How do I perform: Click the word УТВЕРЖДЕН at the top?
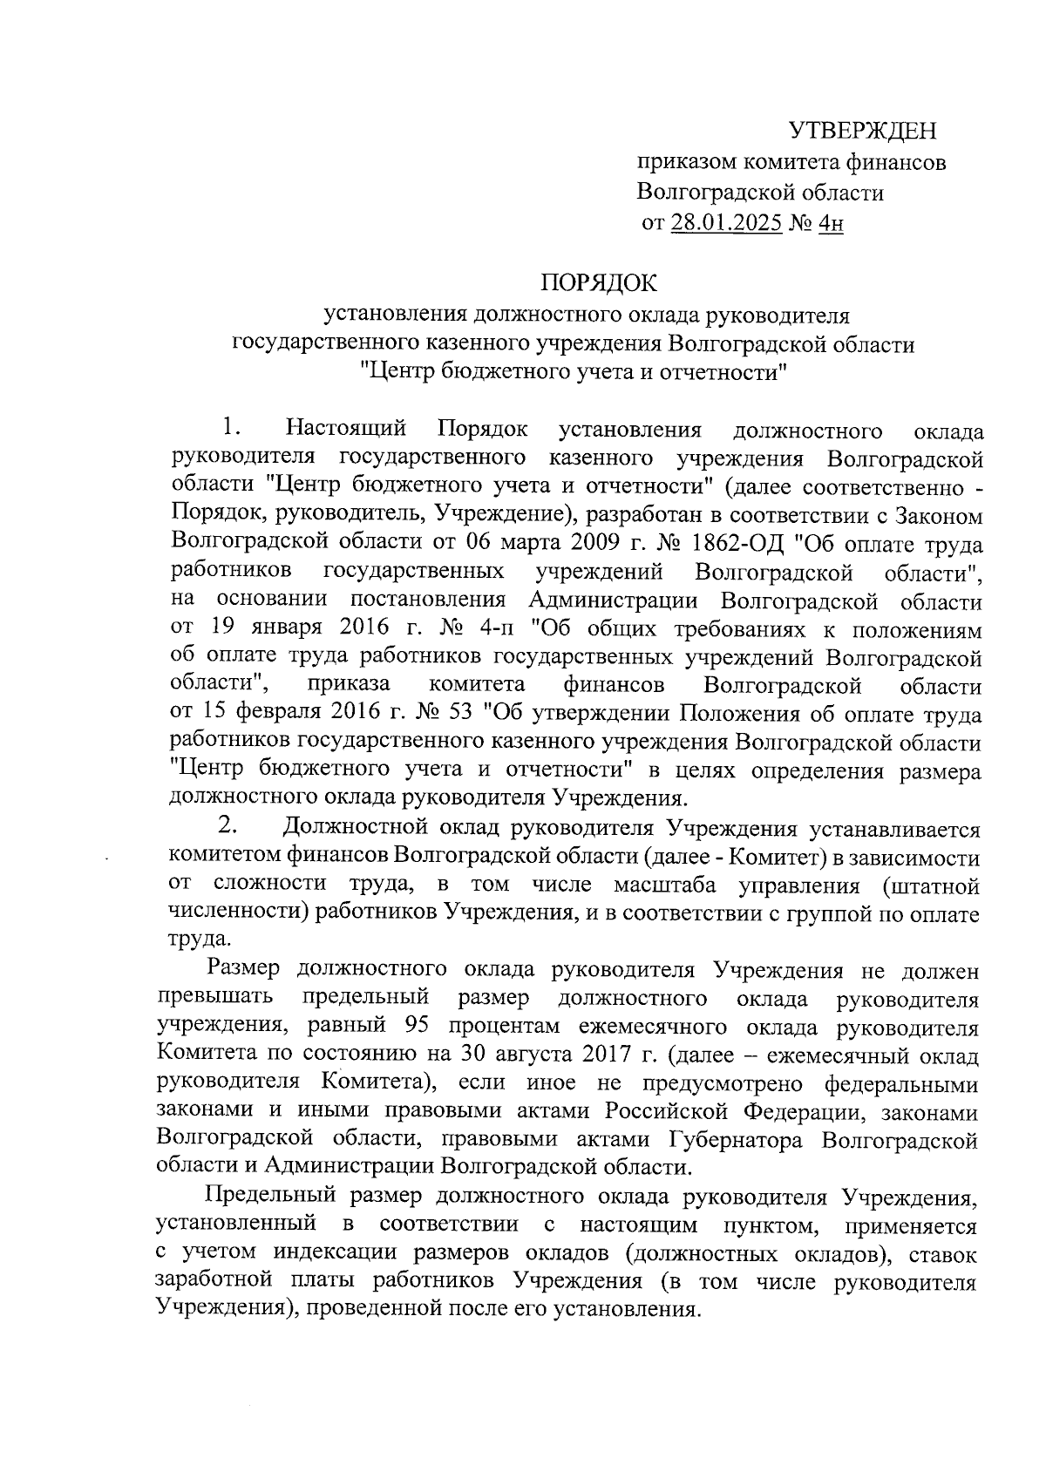pyautogui.click(x=862, y=132)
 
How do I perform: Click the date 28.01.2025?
pyautogui.click(x=727, y=224)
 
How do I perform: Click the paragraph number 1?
pyautogui.click(x=230, y=428)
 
